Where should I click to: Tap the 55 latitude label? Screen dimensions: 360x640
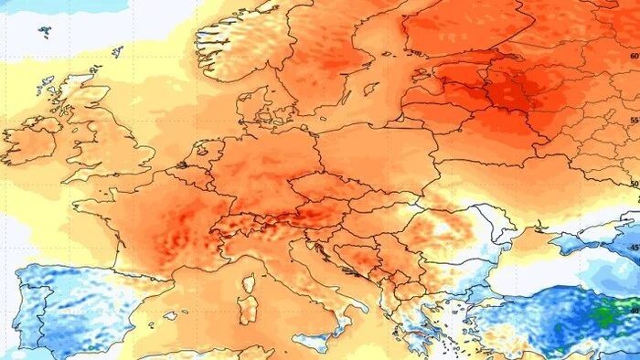point(634,121)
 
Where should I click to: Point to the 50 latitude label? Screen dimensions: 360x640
point(634,184)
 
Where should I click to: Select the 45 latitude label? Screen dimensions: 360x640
point(633,247)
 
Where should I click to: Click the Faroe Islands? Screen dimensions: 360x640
point(45,31)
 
